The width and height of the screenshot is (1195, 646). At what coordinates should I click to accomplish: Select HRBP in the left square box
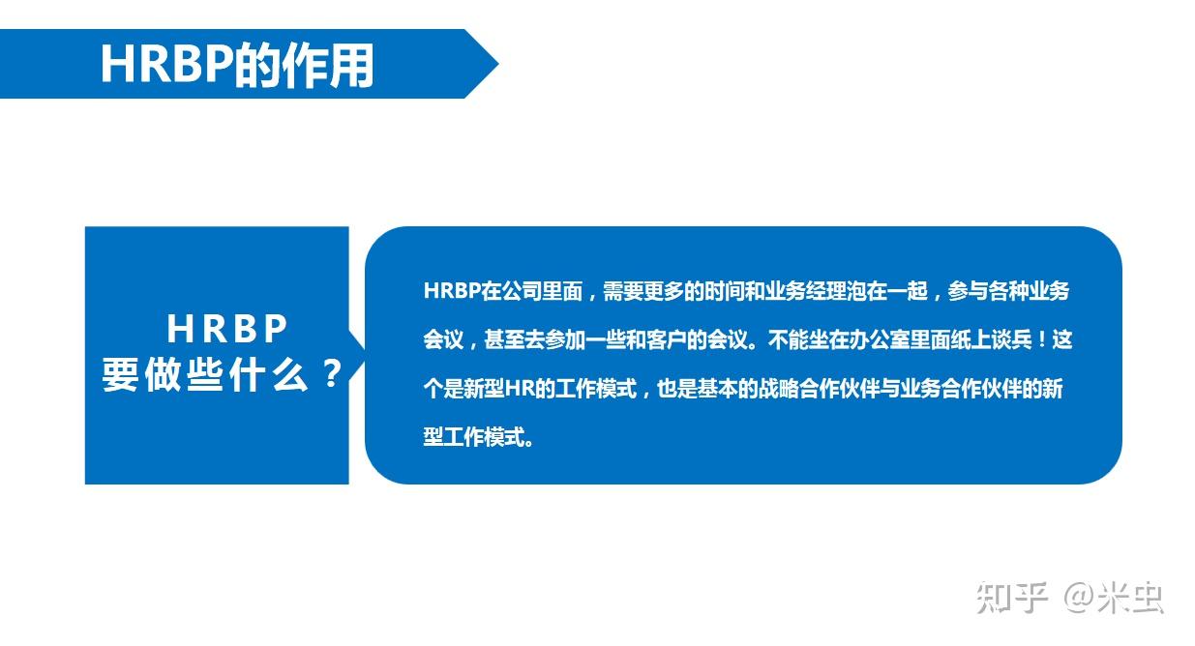[x=227, y=330]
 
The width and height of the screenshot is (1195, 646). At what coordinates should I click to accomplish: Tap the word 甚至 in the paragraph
[x=503, y=340]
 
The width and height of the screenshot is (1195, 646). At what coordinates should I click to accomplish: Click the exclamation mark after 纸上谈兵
[x=1042, y=340]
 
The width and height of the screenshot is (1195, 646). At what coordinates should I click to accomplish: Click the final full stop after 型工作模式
[x=527, y=440]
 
